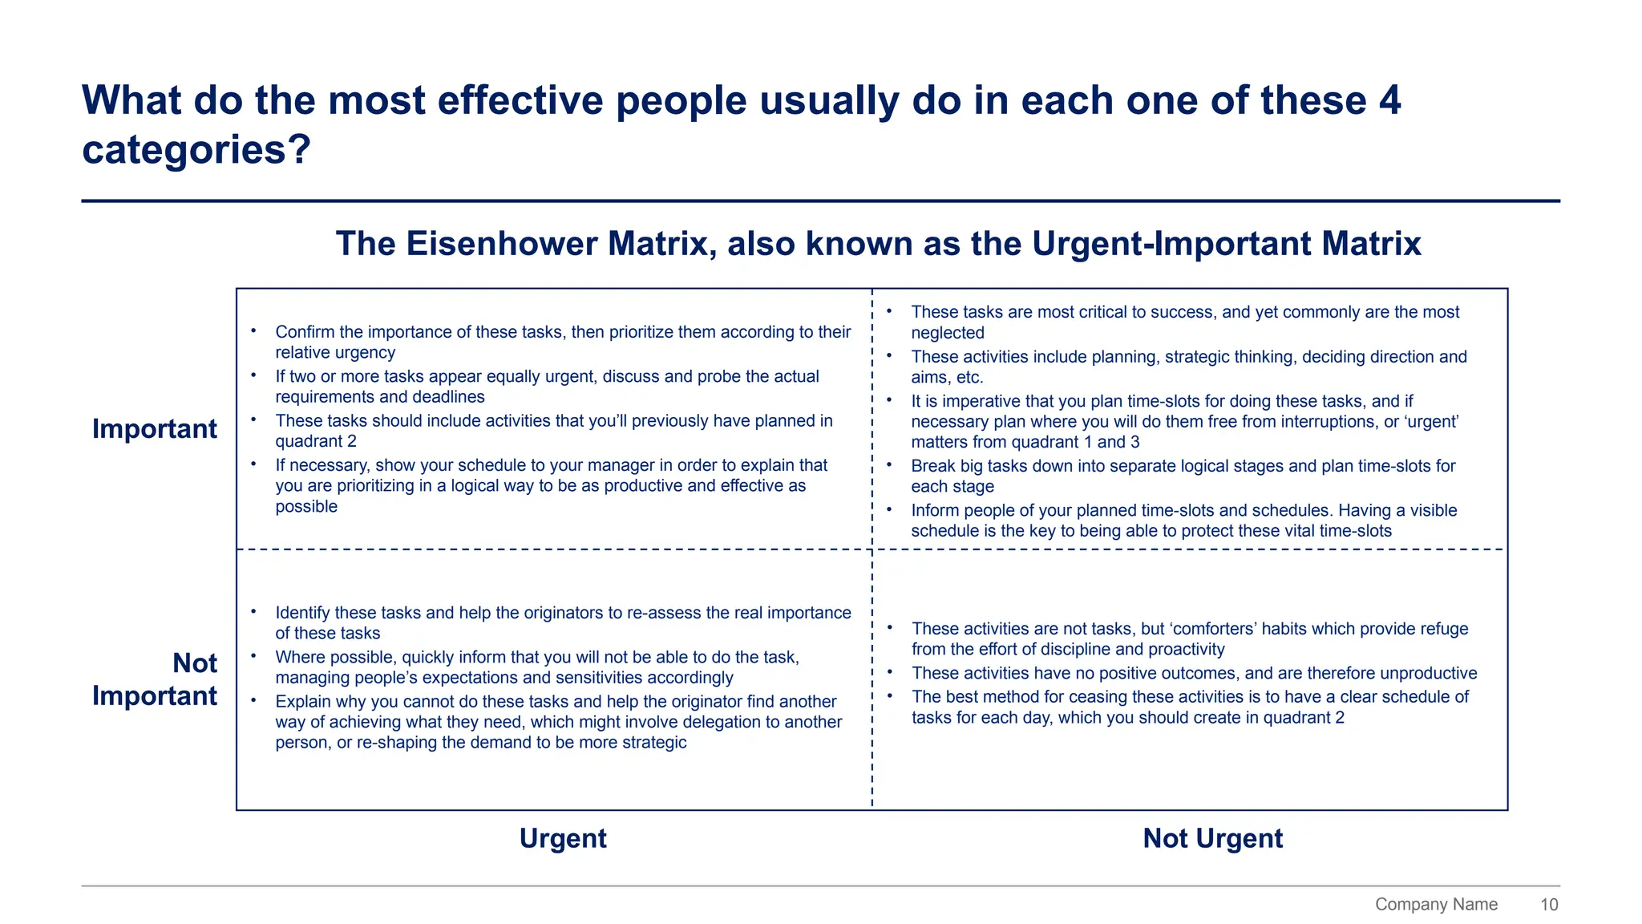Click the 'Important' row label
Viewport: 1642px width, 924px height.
pyautogui.click(x=154, y=429)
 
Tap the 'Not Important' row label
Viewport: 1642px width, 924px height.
pyautogui.click(x=154, y=679)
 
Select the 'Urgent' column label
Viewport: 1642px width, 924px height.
pyautogui.click(x=563, y=838)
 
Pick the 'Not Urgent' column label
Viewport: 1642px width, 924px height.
pyautogui.click(x=1212, y=838)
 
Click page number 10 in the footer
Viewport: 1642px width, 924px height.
pyautogui.click(x=1548, y=905)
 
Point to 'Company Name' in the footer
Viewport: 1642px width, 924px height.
pyautogui.click(x=1436, y=905)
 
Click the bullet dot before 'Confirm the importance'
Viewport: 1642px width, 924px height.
pyautogui.click(x=253, y=330)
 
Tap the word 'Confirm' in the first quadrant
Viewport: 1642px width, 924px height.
pyautogui.click(x=305, y=332)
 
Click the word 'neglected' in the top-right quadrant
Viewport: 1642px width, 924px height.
pyautogui.click(x=947, y=333)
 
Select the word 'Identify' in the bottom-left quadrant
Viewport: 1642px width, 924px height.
pyautogui.click(x=302, y=613)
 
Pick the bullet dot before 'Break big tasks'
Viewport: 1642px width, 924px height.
pyautogui.click(x=889, y=464)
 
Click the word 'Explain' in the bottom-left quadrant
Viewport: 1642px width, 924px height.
pyautogui.click(x=301, y=702)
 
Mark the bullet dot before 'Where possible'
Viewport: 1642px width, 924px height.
pyautogui.click(x=253, y=656)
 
